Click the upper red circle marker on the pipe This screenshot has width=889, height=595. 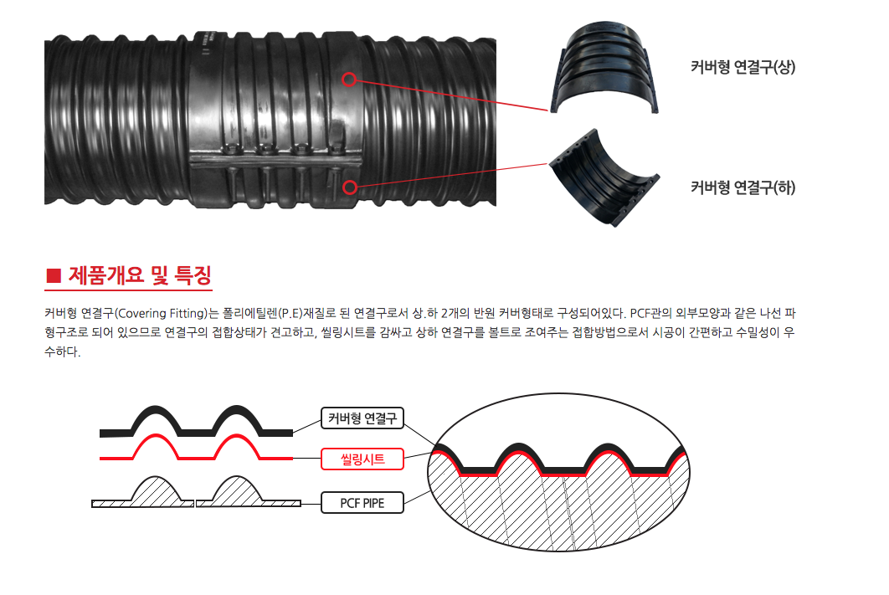349,80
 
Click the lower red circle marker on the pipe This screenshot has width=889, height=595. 350,187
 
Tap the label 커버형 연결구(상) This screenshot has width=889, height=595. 743,67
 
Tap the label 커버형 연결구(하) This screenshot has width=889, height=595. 743,187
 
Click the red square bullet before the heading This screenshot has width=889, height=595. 54,275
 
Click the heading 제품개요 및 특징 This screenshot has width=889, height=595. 140,275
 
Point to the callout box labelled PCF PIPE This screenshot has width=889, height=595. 362,503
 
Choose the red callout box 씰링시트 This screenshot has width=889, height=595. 362,459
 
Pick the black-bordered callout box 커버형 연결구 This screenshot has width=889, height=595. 362,418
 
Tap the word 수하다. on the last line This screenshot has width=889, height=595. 63,351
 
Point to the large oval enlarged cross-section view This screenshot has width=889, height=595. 558,472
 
